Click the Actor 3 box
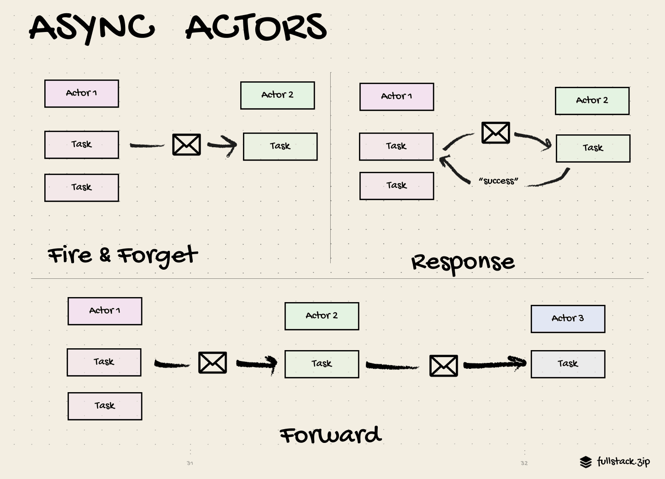(568, 319)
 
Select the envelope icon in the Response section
(496, 133)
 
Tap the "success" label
(498, 181)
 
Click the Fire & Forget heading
(122, 255)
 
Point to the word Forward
(330, 435)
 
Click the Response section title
(463, 262)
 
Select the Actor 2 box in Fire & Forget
(277, 95)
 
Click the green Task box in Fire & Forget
(280, 146)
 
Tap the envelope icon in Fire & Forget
(186, 144)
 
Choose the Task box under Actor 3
(568, 364)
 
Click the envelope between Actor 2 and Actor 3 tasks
(443, 366)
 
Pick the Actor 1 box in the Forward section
(105, 311)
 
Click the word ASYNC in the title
(92, 27)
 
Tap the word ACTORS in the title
(256, 27)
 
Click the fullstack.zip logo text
(623, 461)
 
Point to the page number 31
(190, 463)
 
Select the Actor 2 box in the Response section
(592, 101)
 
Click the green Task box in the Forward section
(322, 364)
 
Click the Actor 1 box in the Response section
(396, 96)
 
